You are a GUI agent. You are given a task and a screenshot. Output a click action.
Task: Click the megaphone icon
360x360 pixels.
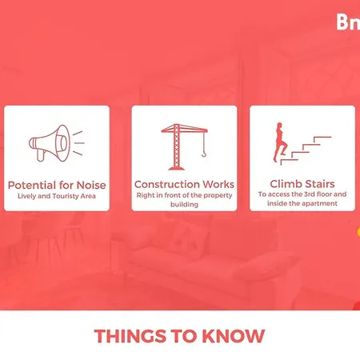tap(57, 143)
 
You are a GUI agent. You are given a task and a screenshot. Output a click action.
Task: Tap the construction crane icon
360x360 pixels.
tap(184, 146)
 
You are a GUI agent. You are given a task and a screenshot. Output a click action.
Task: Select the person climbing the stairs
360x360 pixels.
tap(280, 142)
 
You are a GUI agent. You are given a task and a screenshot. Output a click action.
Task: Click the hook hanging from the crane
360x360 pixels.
tap(204, 154)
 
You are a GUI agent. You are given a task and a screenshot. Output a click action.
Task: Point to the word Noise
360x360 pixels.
tap(91, 185)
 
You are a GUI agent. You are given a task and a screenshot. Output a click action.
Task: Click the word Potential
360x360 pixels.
tap(32, 185)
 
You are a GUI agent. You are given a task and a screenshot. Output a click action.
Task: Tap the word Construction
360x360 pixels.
tap(167, 184)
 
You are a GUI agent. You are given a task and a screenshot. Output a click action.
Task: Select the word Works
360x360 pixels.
tap(218, 184)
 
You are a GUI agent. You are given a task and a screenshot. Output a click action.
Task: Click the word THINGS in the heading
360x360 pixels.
tap(130, 336)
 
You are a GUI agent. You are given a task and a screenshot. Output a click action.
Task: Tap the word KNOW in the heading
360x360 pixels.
tap(234, 336)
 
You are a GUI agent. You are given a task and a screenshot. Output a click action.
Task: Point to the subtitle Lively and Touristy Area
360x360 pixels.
tap(57, 196)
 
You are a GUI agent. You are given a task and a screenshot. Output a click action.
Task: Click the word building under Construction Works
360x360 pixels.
tap(184, 205)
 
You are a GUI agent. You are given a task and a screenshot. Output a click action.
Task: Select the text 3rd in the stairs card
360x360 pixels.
tap(310, 194)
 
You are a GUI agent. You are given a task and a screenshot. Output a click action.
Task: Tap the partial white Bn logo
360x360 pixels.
tap(348, 22)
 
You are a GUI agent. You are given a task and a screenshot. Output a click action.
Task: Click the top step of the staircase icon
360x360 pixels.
tap(322, 139)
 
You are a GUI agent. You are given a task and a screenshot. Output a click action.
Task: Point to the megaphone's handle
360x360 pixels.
tap(41, 155)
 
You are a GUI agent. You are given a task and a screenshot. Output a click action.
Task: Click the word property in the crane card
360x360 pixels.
tap(218, 195)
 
